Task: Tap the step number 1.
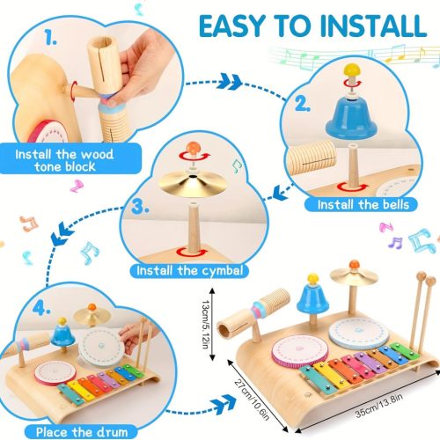point(50,38)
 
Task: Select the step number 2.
point(303,104)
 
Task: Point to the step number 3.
point(140,206)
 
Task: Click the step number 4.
point(41,308)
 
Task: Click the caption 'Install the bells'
point(363,204)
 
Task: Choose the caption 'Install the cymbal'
point(190,270)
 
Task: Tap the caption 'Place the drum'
point(82,432)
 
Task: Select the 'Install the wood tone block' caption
point(64,160)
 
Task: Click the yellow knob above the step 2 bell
point(352,70)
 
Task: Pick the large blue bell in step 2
point(351,119)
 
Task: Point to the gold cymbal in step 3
point(193,184)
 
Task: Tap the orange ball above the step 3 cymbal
point(192,147)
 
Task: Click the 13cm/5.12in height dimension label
point(206,324)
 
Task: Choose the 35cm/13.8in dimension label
point(379,405)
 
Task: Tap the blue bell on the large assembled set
point(312,296)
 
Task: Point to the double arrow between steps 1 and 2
point(230,81)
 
